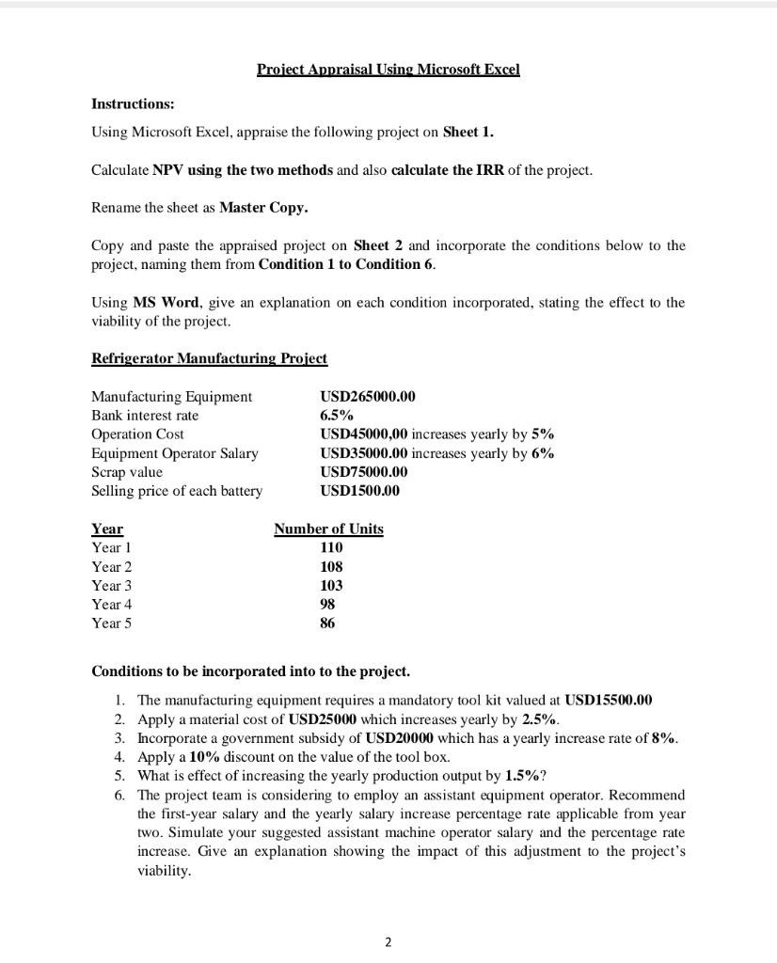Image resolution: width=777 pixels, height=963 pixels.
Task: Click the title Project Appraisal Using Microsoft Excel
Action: [388, 70]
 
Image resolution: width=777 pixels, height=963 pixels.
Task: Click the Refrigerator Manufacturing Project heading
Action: [209, 358]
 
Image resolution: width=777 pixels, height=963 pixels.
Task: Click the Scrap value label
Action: [127, 472]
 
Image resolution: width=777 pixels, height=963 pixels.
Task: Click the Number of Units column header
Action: [328, 529]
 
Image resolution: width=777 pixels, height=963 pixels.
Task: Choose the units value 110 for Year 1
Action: [331, 547]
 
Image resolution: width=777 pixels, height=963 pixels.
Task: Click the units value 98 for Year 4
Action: [327, 604]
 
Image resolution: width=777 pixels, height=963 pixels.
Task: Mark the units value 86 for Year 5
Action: [327, 623]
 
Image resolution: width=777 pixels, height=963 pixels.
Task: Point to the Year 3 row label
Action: [112, 585]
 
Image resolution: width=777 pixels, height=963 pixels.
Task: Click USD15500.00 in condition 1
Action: [608, 701]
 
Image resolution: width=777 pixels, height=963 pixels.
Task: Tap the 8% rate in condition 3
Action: [664, 738]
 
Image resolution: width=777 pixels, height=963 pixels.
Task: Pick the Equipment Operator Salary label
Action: [174, 453]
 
